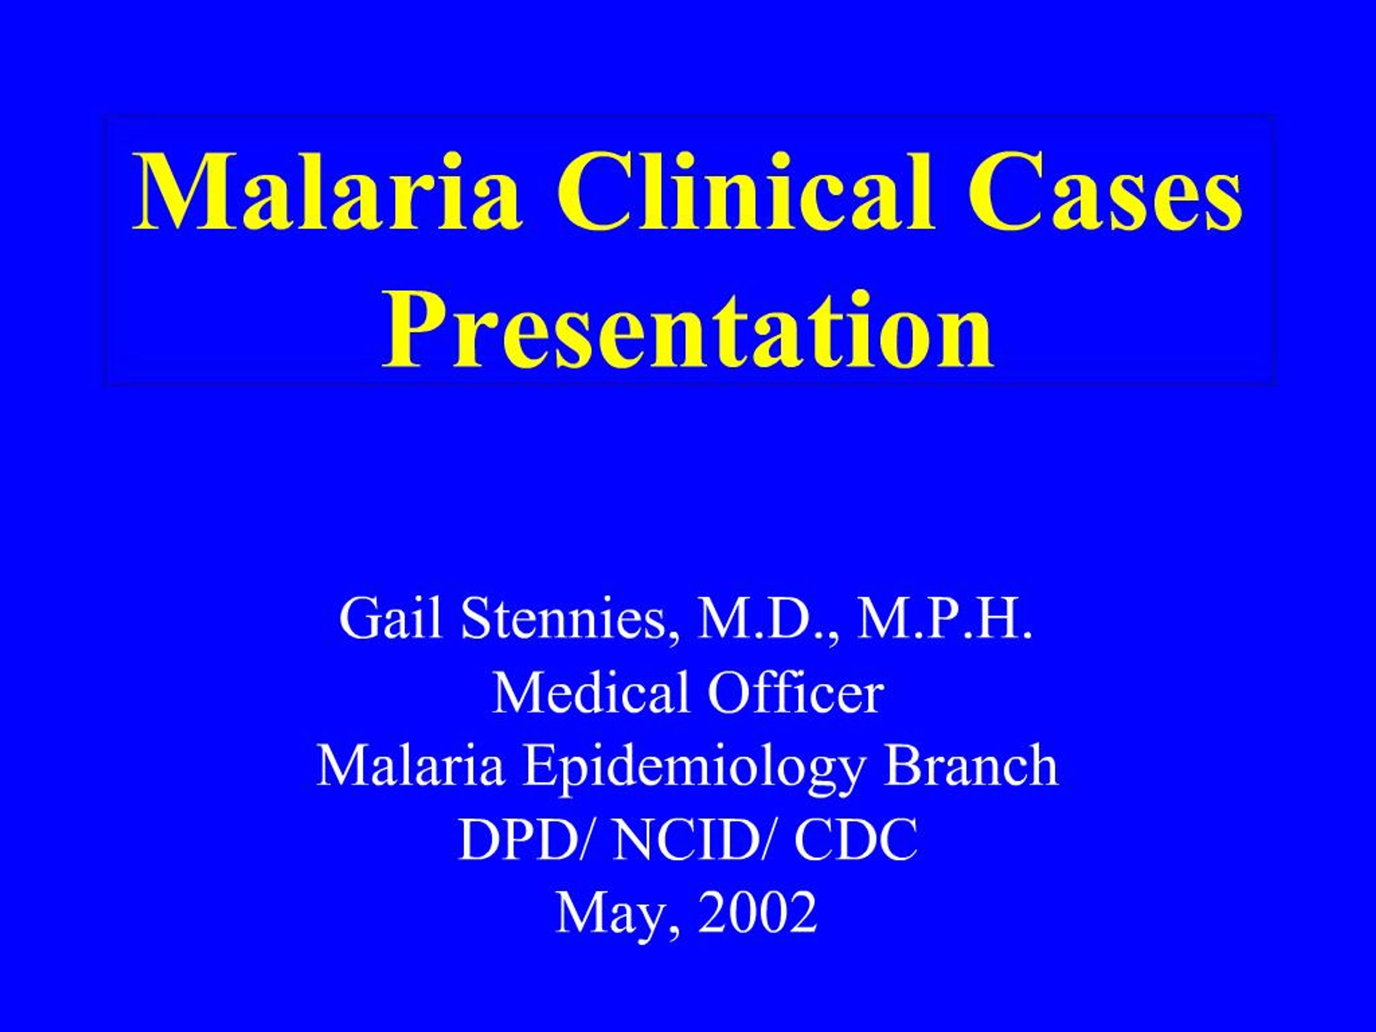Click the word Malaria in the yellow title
pyautogui.click(x=327, y=193)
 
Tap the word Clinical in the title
pyautogui.click(x=745, y=193)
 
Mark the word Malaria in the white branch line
pyautogui.click(x=410, y=766)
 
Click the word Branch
pyautogui.click(x=972, y=766)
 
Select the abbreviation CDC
pyautogui.click(x=855, y=839)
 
